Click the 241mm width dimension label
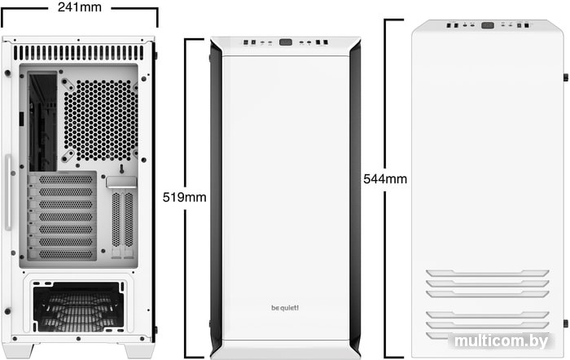click(x=80, y=7)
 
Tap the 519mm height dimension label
click(x=184, y=197)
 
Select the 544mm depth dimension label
click(x=385, y=179)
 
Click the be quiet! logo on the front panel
click(x=285, y=308)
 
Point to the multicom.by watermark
click(x=502, y=341)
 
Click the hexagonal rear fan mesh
click(x=101, y=121)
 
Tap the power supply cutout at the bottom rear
click(x=78, y=306)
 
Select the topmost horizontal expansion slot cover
click(x=63, y=179)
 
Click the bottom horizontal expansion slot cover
click(x=63, y=254)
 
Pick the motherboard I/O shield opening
click(x=43, y=122)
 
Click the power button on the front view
click(x=286, y=42)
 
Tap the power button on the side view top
click(x=488, y=25)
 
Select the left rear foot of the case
click(x=23, y=350)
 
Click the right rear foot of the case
click(x=139, y=350)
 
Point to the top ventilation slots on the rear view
click(x=78, y=53)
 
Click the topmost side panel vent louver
click(x=488, y=273)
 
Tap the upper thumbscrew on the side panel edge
click(x=566, y=77)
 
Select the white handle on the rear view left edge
click(x=8, y=192)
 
